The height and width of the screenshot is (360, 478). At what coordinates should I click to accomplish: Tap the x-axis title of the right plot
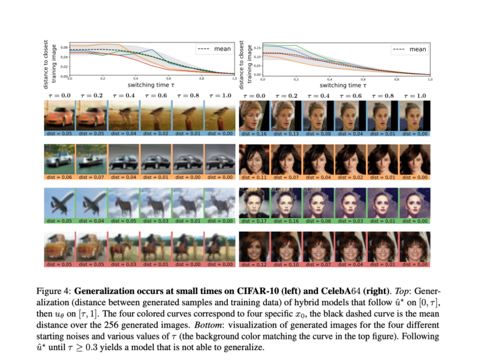pyautogui.click(x=345, y=85)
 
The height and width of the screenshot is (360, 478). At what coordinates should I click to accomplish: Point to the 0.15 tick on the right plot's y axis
pyautogui.click(x=257, y=47)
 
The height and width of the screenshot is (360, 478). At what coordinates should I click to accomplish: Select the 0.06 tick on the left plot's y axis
pyautogui.click(x=64, y=47)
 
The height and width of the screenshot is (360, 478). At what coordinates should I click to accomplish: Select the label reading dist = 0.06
pyautogui.click(x=59, y=177)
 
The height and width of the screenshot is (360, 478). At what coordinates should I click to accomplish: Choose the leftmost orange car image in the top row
pyautogui.click(x=59, y=116)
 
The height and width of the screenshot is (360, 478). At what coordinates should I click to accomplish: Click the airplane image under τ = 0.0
pyautogui.click(x=59, y=204)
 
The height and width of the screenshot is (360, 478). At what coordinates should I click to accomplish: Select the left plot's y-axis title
pyautogui.click(x=50, y=59)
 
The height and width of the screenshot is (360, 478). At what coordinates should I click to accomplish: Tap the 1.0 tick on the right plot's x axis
pyautogui.click(x=430, y=79)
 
